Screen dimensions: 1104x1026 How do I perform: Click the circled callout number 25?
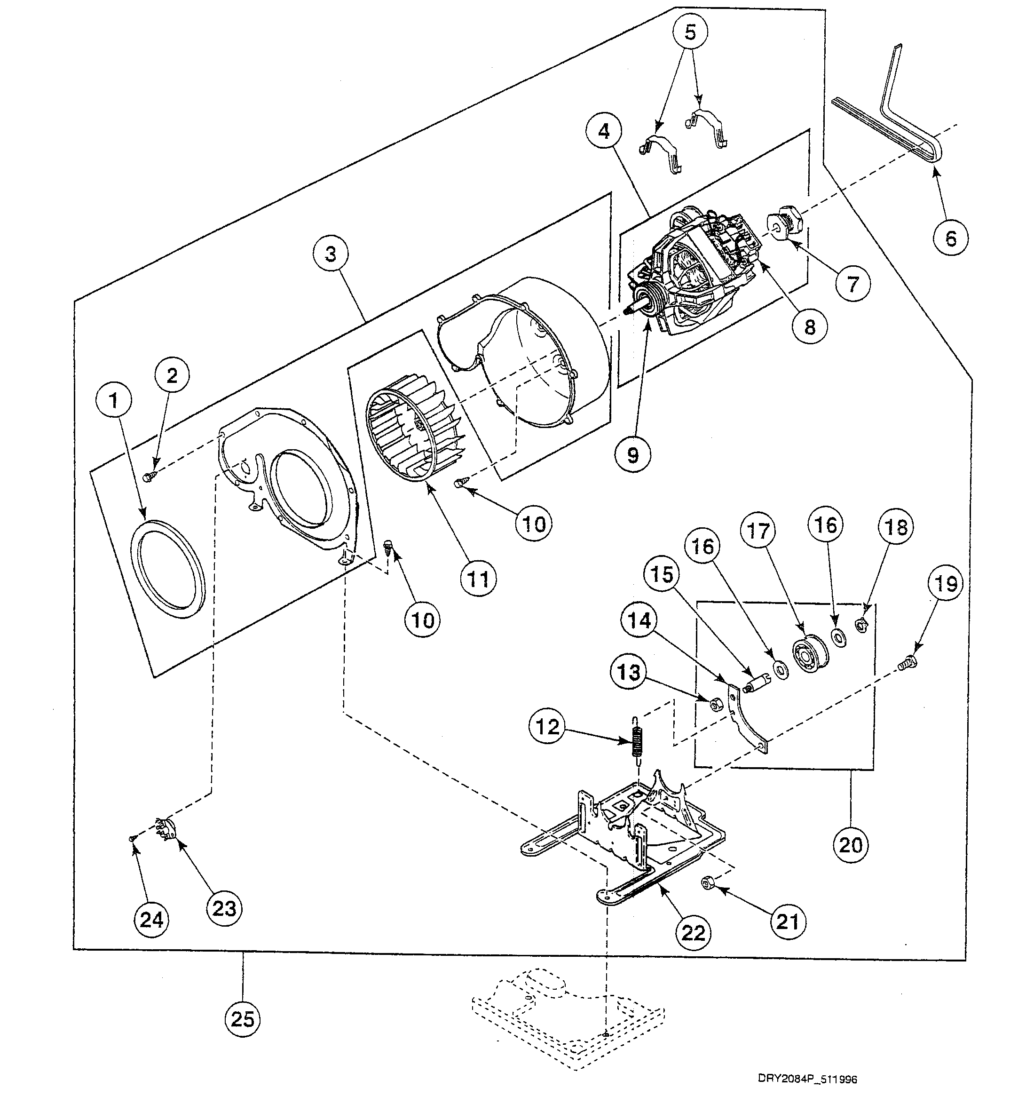243,1019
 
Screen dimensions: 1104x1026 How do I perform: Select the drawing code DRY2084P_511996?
807,1079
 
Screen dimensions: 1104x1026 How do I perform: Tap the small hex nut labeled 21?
708,882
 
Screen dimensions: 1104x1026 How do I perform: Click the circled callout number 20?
851,845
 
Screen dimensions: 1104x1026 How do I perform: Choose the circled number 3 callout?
331,254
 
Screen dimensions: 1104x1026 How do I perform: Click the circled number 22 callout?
694,932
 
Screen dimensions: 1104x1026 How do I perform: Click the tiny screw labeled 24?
132,839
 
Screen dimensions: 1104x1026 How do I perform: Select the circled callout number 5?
690,32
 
